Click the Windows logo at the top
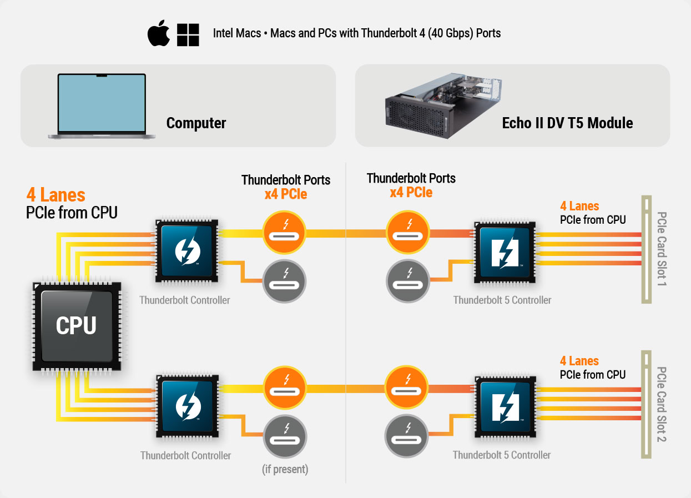188,34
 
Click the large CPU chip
76,326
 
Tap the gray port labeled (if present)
285,436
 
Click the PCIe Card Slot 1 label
661,249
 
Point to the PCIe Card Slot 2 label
661,404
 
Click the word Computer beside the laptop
196,123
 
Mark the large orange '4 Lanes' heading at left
56,195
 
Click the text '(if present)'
285,469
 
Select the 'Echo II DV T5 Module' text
567,123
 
